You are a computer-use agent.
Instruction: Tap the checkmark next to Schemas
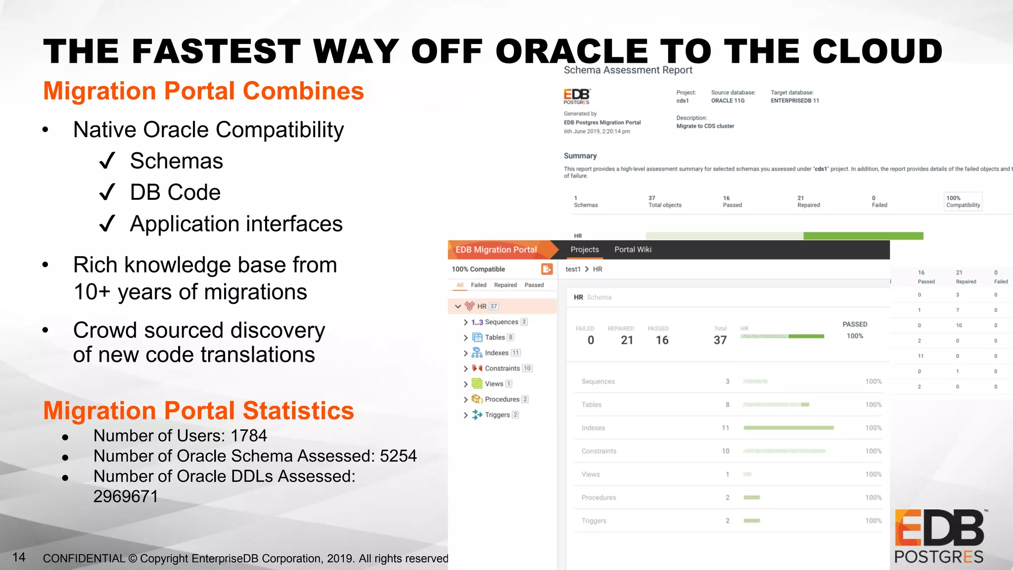(x=107, y=161)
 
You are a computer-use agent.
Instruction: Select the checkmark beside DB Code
(x=107, y=192)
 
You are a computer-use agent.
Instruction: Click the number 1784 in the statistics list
(x=249, y=436)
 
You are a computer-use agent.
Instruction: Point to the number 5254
(x=398, y=456)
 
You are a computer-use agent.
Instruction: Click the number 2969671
(x=126, y=496)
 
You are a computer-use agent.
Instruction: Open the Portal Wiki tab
(x=633, y=249)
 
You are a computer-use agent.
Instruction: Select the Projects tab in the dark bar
(x=584, y=249)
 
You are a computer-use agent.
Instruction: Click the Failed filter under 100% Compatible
(x=478, y=285)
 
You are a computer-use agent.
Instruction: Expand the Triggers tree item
(x=465, y=415)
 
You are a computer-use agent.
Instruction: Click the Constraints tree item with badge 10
(x=502, y=368)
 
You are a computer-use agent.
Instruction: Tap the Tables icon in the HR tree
(x=477, y=337)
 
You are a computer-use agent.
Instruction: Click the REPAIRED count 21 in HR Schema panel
(x=627, y=340)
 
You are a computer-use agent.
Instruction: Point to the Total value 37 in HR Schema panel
(x=720, y=340)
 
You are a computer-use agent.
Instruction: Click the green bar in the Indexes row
(x=788, y=427)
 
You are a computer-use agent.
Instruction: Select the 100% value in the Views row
(x=873, y=474)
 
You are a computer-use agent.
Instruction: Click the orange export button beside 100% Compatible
(x=547, y=269)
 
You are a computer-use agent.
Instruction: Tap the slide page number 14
(x=19, y=557)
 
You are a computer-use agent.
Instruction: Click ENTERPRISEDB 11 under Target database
(x=794, y=100)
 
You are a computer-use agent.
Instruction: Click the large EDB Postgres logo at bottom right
(x=939, y=537)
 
